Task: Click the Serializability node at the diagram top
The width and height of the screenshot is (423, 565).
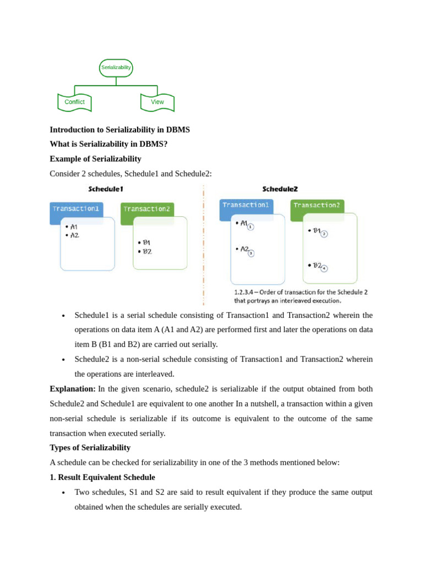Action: pyautogui.click(x=116, y=67)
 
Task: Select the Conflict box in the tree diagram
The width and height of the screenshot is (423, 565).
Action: pyautogui.click(x=74, y=102)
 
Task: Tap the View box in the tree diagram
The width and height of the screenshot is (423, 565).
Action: pyautogui.click(x=158, y=102)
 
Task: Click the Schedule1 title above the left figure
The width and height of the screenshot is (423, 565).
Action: pyautogui.click(x=106, y=189)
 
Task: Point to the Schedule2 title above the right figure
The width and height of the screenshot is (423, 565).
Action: pyautogui.click(x=280, y=189)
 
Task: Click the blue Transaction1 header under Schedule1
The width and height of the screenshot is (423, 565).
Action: pyautogui.click(x=76, y=209)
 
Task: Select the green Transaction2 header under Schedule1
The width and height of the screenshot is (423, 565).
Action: pyautogui.click(x=147, y=209)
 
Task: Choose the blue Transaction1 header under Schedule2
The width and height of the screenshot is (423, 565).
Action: pyautogui.click(x=246, y=205)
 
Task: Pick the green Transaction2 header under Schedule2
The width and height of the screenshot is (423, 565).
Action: pyautogui.click(x=317, y=205)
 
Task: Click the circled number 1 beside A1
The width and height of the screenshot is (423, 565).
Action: pyautogui.click(x=251, y=227)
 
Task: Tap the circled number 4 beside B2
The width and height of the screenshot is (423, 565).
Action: pyautogui.click(x=324, y=269)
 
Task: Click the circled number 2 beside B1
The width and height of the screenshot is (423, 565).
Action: pyautogui.click(x=324, y=234)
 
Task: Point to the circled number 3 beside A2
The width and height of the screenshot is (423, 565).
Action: pyautogui.click(x=251, y=253)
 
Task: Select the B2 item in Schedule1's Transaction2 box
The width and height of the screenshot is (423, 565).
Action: pyautogui.click(x=147, y=252)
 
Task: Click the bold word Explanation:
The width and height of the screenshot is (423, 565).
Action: pyautogui.click(x=73, y=389)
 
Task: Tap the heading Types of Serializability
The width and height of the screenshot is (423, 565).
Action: pyautogui.click(x=90, y=447)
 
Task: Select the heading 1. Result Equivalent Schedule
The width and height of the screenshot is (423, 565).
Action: pyautogui.click(x=102, y=477)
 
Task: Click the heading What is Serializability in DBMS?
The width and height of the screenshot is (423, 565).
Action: pyautogui.click(x=109, y=144)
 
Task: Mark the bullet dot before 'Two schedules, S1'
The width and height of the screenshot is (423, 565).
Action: pyautogui.click(x=64, y=493)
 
